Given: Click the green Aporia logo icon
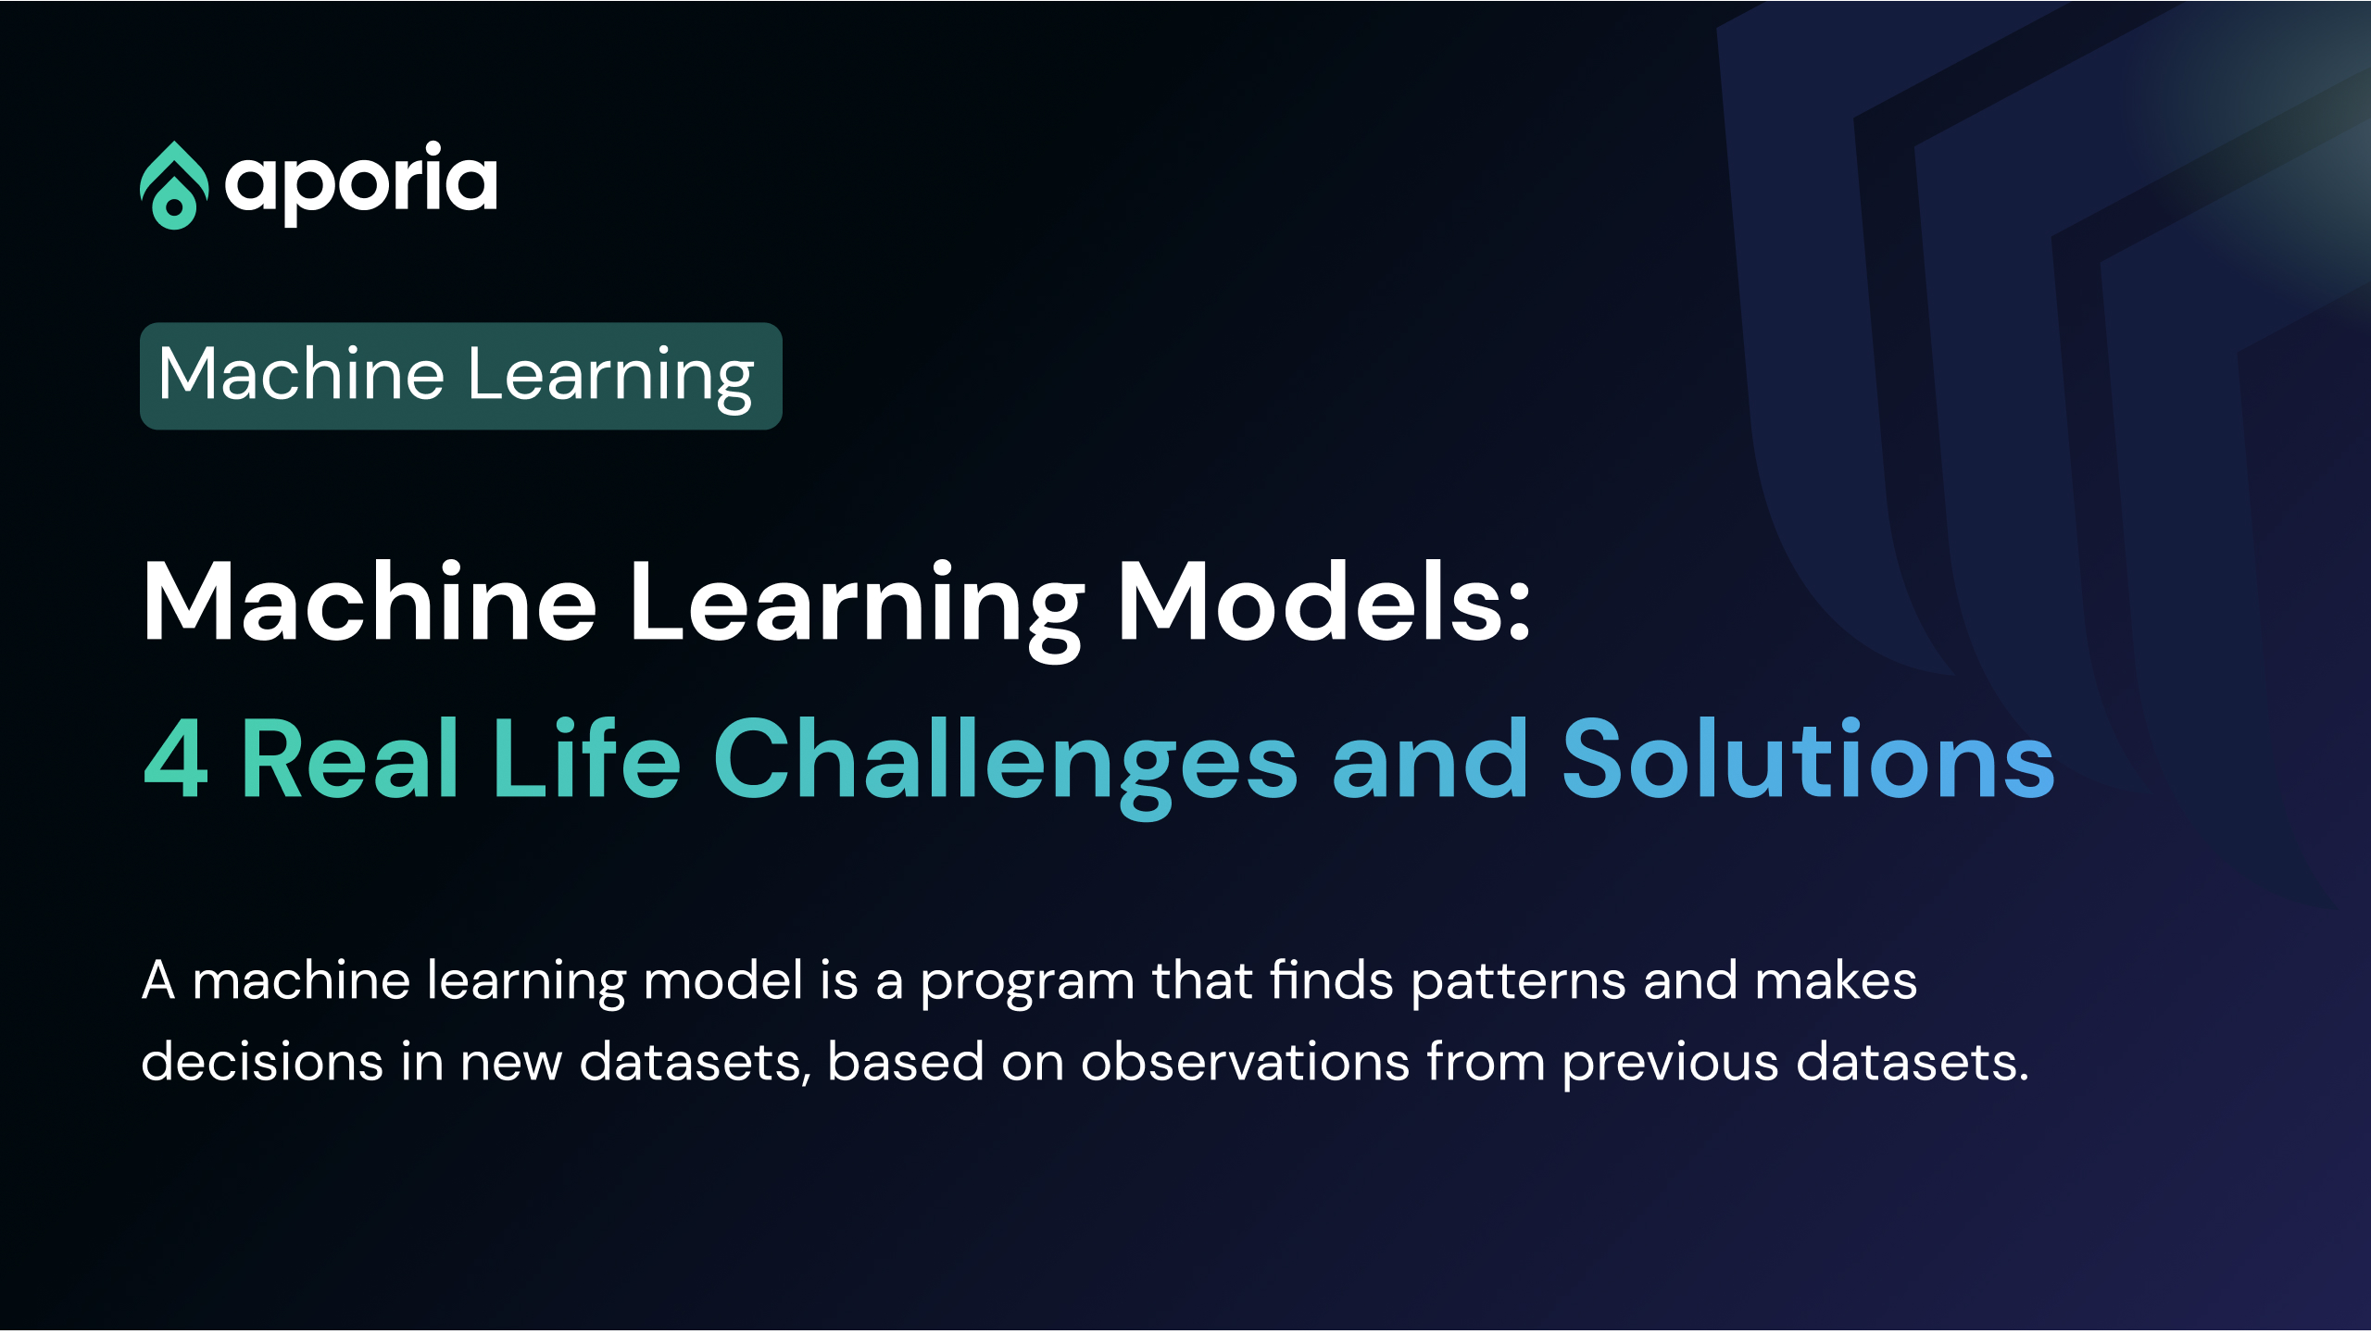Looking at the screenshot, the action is click(x=174, y=185).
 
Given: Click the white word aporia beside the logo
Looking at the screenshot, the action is click(x=361, y=183).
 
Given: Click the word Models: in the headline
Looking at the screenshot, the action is click(x=1324, y=601).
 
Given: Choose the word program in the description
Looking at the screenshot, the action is click(x=1027, y=984).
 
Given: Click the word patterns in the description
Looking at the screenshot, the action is click(x=1519, y=983).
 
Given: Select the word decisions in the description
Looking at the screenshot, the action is click(x=262, y=1061).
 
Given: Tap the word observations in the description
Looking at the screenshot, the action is click(x=1246, y=1061).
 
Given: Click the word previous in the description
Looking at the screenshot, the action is click(x=1670, y=1065).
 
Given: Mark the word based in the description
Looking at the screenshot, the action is click(x=906, y=1061).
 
